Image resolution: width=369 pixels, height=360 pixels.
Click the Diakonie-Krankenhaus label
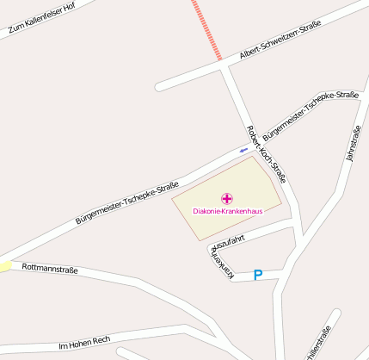click(227, 210)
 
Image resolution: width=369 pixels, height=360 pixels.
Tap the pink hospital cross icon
click(227, 199)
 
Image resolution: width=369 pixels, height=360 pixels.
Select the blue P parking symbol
click(257, 275)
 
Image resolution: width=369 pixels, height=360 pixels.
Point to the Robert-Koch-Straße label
click(266, 154)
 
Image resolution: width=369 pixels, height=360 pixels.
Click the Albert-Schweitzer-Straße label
click(280, 40)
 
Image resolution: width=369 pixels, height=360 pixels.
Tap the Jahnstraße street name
click(351, 144)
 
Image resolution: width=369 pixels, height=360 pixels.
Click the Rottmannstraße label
click(50, 270)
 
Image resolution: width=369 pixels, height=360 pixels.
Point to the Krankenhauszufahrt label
click(225, 251)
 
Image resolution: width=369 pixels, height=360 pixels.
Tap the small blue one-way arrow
click(243, 150)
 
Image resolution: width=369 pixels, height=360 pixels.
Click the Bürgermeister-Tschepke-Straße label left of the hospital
click(126, 203)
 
